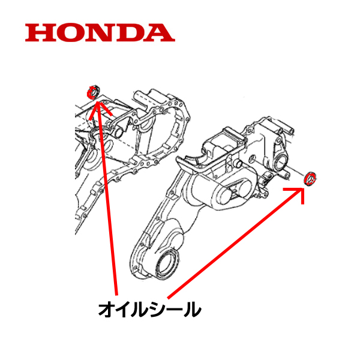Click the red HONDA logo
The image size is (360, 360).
coord(100,32)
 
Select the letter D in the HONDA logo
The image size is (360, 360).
coord(131,32)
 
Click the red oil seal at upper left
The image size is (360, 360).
coord(93,92)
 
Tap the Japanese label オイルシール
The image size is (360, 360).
coord(149,310)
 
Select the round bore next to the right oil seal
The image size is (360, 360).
coord(281,160)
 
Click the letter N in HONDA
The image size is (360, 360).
coord(100,32)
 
